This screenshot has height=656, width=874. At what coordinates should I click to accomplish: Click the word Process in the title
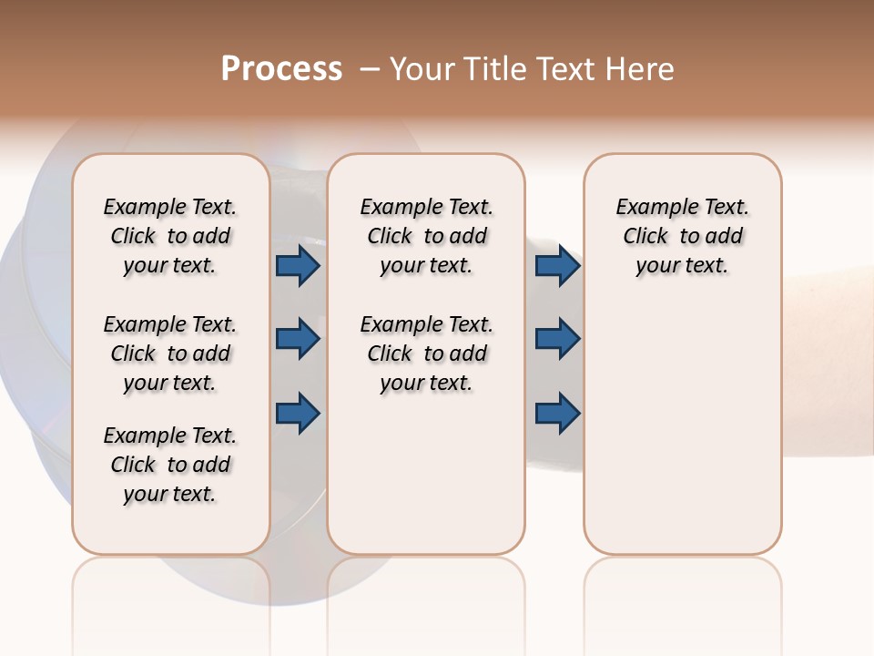click(281, 68)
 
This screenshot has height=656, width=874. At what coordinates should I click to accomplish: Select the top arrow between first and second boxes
click(298, 266)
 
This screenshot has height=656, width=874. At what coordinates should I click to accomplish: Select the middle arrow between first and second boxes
click(298, 339)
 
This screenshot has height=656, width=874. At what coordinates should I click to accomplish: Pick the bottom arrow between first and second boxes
click(298, 413)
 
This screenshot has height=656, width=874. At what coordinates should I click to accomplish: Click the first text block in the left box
click(170, 236)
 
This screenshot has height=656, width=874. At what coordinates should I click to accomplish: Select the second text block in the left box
click(170, 354)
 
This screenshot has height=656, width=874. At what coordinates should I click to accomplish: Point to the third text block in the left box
click(170, 465)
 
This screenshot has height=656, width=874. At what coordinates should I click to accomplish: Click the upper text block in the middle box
click(426, 236)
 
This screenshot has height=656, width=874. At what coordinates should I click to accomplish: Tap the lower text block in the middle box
click(426, 354)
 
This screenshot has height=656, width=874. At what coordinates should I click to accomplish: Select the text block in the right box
click(682, 236)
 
